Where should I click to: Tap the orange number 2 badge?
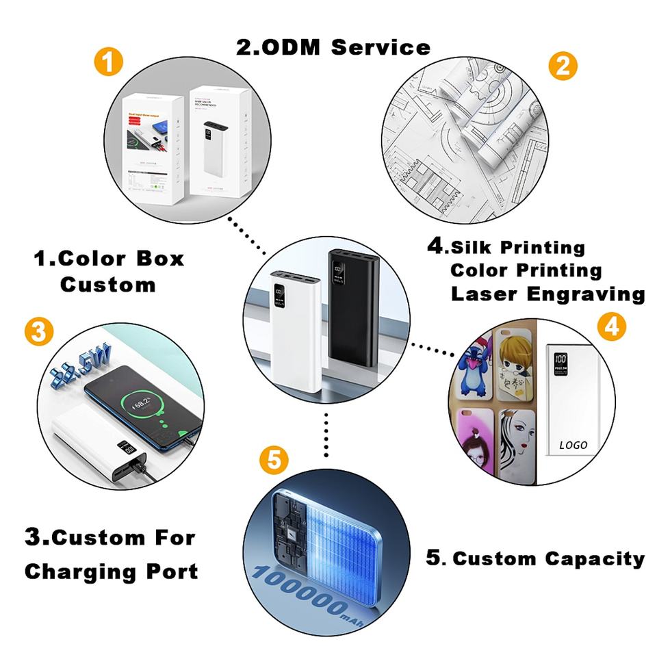pyautogui.click(x=563, y=66)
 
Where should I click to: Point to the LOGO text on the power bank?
pyautogui.click(x=574, y=445)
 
